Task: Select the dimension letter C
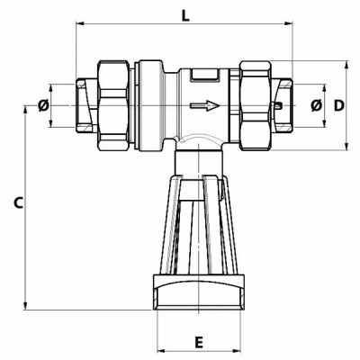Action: [x=17, y=203]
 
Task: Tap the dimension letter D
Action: [x=338, y=106]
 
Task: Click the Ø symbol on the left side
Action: [x=43, y=106]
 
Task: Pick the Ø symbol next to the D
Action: [x=315, y=106]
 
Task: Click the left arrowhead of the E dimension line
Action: [x=162, y=350]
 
